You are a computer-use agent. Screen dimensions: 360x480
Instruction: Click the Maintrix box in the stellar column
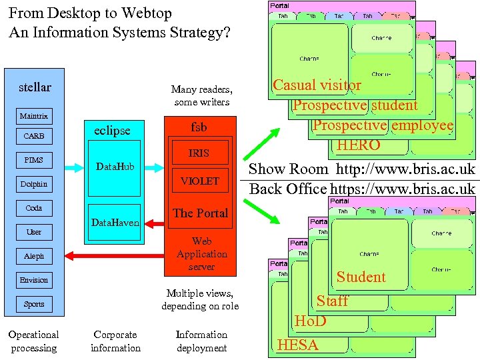click(34, 116)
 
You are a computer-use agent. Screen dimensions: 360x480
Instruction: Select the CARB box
click(34, 136)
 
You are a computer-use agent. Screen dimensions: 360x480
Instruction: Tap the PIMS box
click(34, 160)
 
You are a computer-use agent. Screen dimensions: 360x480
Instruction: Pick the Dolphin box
click(34, 184)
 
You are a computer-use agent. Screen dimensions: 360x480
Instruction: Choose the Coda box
click(34, 208)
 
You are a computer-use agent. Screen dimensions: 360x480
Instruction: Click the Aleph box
click(34, 256)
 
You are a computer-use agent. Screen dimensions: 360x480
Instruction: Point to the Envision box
click(34, 280)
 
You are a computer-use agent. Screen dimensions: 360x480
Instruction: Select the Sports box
click(34, 304)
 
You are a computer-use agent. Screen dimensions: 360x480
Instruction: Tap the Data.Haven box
click(115, 223)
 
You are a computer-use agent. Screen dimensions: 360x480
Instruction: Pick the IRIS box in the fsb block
click(199, 153)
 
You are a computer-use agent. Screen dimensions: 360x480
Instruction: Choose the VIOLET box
click(199, 181)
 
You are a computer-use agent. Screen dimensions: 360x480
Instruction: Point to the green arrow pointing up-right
click(262, 141)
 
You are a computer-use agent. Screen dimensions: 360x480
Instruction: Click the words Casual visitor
click(317, 85)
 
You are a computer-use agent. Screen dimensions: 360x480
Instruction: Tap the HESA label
click(297, 345)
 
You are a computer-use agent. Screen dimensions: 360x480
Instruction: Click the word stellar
click(35, 87)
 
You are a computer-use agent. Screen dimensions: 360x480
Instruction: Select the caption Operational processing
click(33, 341)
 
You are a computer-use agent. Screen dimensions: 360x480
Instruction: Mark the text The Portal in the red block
click(201, 213)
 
